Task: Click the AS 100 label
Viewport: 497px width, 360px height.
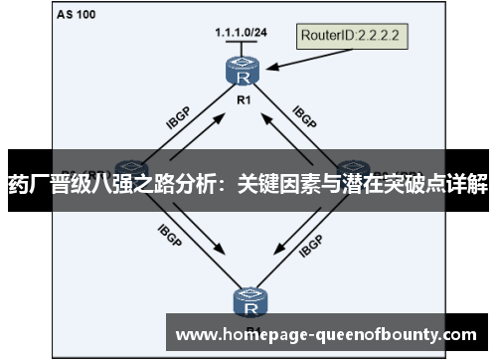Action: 77,16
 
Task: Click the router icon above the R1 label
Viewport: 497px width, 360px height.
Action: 240,73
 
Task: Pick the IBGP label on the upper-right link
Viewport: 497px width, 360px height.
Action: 304,118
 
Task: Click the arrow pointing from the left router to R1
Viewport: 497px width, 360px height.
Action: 195,136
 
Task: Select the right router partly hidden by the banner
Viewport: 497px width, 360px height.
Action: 354,166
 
